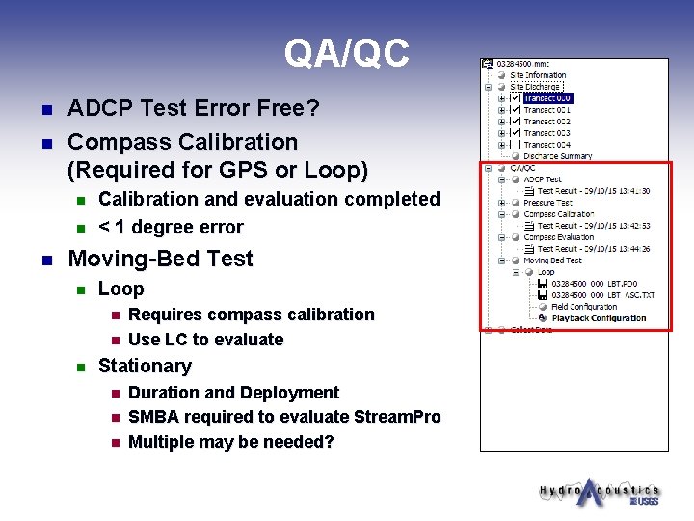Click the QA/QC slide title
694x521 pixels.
(x=346, y=53)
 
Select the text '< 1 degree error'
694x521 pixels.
(x=171, y=227)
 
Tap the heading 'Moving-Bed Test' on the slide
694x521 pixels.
(x=160, y=259)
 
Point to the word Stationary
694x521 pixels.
(x=145, y=366)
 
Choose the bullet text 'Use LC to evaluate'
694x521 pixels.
(x=205, y=340)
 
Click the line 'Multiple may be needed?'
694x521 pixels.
(x=230, y=442)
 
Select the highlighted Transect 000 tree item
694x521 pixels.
(x=547, y=98)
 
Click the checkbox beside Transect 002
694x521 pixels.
(x=515, y=122)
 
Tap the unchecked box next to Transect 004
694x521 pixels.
(x=515, y=145)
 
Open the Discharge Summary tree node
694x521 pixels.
(x=558, y=156)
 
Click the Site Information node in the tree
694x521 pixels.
(x=538, y=75)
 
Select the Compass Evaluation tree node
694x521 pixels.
(x=558, y=237)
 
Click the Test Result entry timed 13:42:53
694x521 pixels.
(x=593, y=226)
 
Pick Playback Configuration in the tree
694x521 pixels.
(x=599, y=318)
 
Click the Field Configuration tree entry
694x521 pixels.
(x=584, y=307)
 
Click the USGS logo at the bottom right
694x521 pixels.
(x=644, y=501)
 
